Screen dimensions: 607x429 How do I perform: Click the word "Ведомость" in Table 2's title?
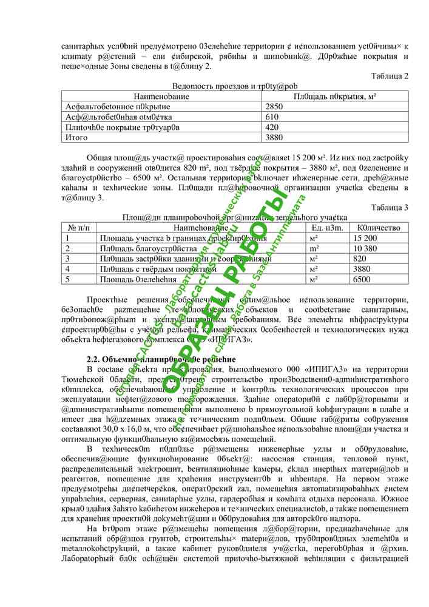pos(193,86)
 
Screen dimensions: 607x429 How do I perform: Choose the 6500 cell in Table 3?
pos(362,279)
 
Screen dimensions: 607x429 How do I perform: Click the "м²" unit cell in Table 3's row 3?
pos(314,259)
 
